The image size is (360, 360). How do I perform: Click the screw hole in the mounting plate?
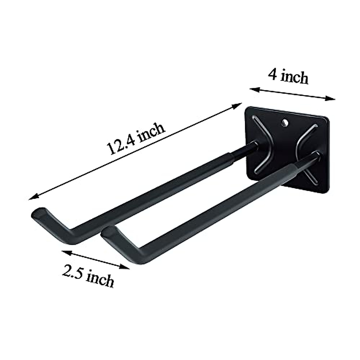pyautogui.click(x=284, y=122)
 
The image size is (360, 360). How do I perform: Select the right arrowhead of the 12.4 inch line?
pyautogui.click(x=239, y=105)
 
